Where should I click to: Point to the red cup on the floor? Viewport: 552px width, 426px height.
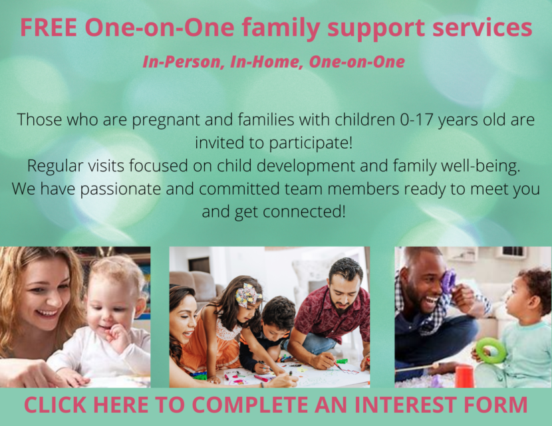click(x=464, y=375)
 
